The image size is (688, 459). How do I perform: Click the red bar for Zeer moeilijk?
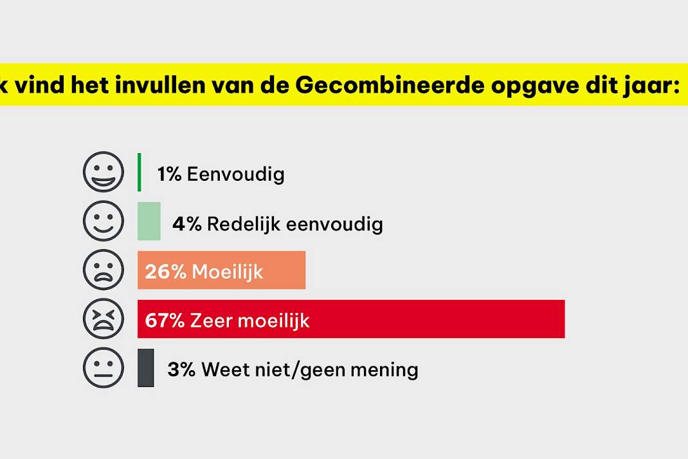point(351,319)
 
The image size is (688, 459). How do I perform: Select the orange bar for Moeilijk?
point(222,270)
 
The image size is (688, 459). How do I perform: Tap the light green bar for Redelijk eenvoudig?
point(149,221)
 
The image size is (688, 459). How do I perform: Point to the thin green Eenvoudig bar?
point(139,172)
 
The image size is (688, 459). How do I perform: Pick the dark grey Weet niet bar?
point(146,368)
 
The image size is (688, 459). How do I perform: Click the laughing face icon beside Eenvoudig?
point(104,172)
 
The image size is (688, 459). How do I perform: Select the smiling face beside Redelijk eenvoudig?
point(104,221)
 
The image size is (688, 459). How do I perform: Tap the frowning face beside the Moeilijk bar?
point(104,270)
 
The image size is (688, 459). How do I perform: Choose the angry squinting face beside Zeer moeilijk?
point(104,319)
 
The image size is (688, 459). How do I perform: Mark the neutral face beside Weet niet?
point(104,368)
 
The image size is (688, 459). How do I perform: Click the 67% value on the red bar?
point(165,321)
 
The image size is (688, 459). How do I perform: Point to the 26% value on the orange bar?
point(166,272)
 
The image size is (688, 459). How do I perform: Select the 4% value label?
point(187,223)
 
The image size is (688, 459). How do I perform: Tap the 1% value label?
point(169,174)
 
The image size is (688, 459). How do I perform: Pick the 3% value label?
point(181,370)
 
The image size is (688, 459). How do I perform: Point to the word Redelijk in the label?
point(244,225)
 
